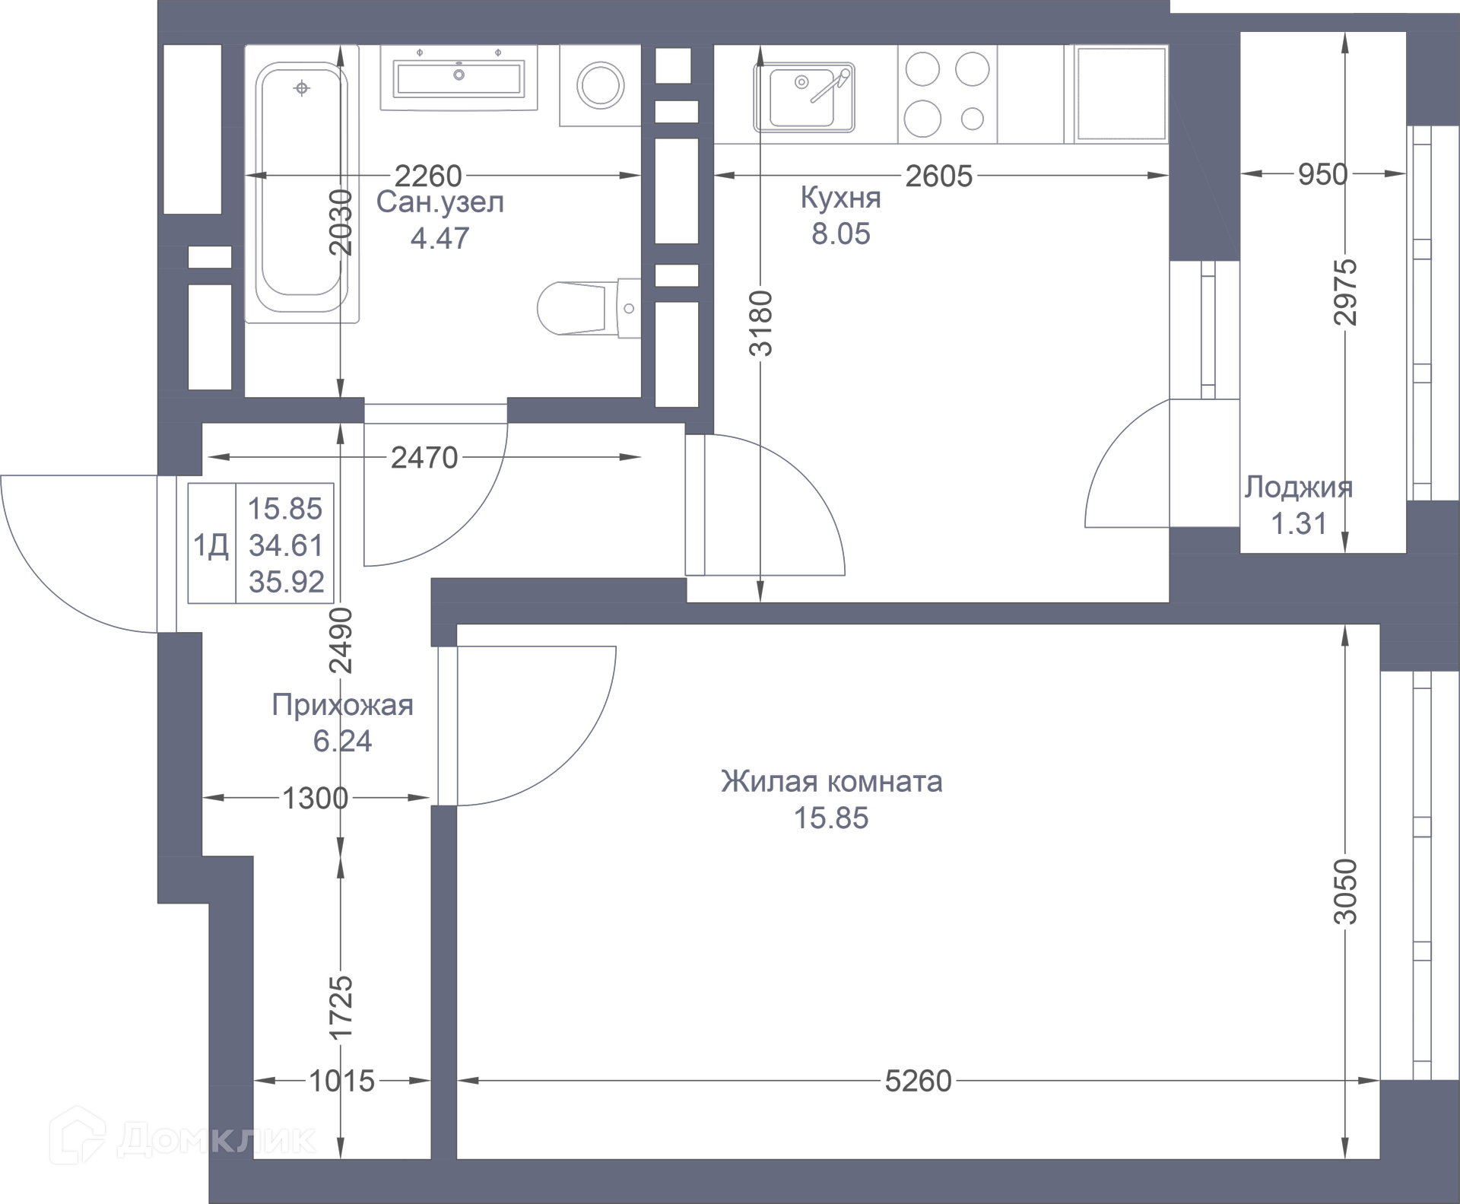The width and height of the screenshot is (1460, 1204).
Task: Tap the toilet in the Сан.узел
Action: coord(589,308)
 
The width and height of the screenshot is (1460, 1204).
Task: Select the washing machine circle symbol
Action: coord(600,84)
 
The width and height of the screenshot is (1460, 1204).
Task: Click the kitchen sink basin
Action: coord(803,98)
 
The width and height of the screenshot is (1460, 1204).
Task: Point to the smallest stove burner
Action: coord(973,118)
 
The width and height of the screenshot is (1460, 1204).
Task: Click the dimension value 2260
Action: coord(429,176)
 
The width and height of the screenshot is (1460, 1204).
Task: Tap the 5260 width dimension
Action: coord(919,1081)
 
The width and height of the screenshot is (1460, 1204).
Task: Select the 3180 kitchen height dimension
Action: coord(761,322)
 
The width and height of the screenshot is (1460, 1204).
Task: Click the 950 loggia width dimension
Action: coord(1322,174)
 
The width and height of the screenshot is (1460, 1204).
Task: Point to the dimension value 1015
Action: coord(341,1081)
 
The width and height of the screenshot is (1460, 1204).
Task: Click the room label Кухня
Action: coord(840,198)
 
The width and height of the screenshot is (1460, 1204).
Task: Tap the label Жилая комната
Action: coord(832,781)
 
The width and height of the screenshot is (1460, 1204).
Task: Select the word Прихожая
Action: coord(342,705)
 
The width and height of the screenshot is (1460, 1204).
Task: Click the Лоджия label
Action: coord(1299,488)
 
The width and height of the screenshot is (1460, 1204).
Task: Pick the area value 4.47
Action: coord(440,238)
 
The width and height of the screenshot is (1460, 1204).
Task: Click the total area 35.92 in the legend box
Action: coord(286,582)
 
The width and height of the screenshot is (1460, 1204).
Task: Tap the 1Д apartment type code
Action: coord(211,545)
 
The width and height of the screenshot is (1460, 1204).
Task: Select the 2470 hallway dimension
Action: coord(424,458)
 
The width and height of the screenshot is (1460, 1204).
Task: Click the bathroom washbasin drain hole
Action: coord(459,75)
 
